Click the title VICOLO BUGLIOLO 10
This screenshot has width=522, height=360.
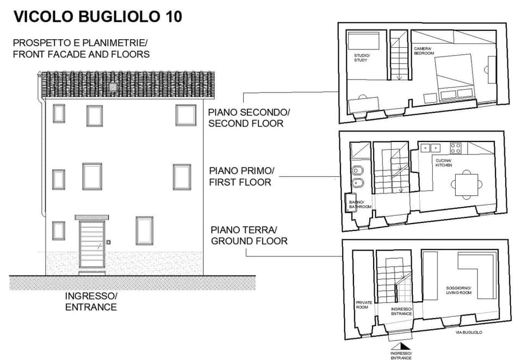click(x=97, y=17)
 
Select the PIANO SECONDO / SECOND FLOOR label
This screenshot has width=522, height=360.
click(x=249, y=118)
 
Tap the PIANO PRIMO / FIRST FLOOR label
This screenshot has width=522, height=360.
click(x=241, y=177)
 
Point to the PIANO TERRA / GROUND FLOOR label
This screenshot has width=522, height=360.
click(x=249, y=235)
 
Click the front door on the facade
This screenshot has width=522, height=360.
click(x=91, y=246)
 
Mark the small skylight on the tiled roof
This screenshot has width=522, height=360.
click(x=113, y=86)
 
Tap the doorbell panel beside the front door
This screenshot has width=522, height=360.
click(x=109, y=242)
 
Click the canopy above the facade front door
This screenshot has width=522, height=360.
click(x=91, y=217)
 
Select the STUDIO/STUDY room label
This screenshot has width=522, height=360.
click(x=361, y=58)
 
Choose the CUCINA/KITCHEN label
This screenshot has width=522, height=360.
click(x=443, y=163)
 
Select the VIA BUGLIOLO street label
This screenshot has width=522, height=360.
click(x=469, y=332)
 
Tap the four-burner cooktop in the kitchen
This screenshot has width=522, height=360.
click(x=456, y=147)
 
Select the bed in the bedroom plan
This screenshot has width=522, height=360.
click(x=456, y=76)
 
